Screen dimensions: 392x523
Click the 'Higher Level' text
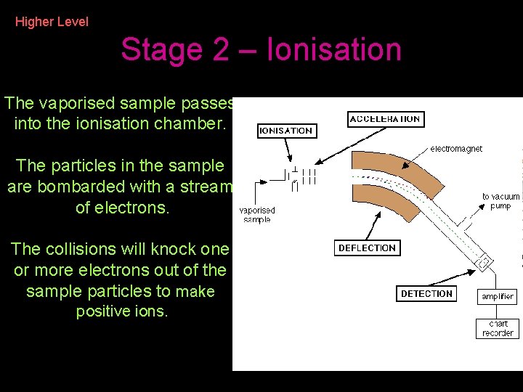tap(52, 22)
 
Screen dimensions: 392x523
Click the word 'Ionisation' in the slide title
tap(334, 50)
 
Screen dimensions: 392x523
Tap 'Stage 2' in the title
tap(168, 50)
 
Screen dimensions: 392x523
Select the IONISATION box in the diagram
tap(286, 131)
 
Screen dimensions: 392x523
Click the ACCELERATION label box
tap(384, 119)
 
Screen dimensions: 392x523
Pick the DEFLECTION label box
tap(367, 248)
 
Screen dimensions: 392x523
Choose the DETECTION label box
tap(426, 294)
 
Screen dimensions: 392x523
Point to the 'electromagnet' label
tap(456, 149)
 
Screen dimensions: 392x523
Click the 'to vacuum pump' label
tap(500, 201)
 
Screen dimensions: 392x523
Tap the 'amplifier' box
tap(498, 296)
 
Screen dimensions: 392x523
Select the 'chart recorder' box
tap(498, 329)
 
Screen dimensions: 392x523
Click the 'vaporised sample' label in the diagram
tap(256, 215)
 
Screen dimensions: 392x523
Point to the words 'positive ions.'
tap(122, 312)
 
